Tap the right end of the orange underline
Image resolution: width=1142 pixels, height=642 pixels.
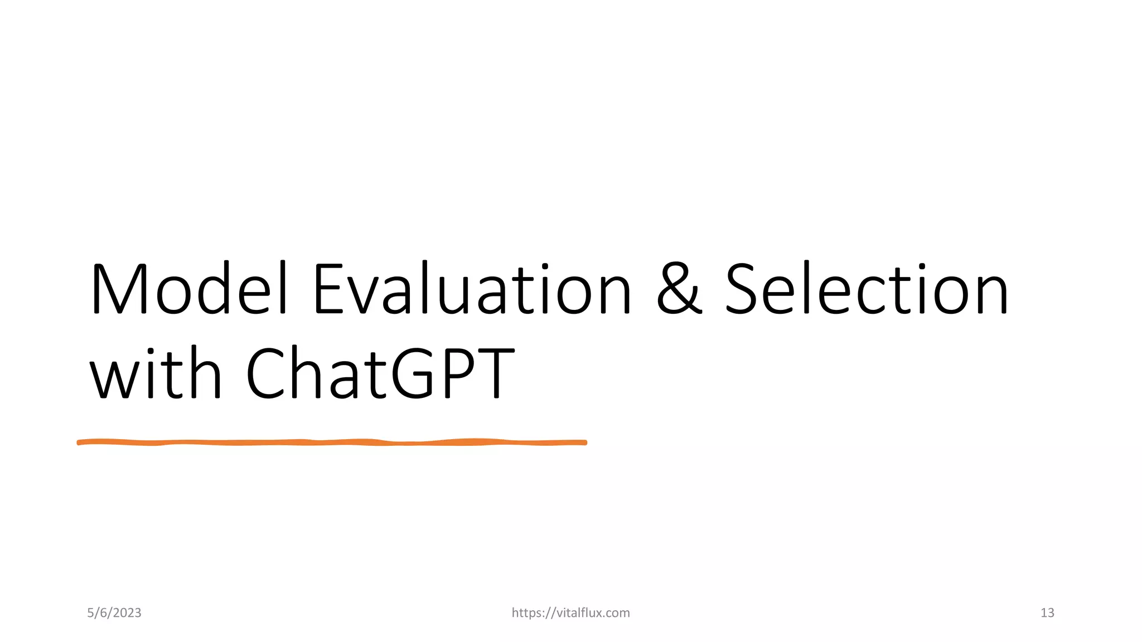click(584, 442)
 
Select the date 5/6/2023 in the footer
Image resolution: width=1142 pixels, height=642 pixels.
click(114, 613)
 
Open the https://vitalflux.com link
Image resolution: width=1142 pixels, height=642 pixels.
click(570, 613)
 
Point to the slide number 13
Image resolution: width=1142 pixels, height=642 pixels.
click(1047, 613)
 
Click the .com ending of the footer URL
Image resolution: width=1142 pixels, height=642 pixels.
click(617, 613)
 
